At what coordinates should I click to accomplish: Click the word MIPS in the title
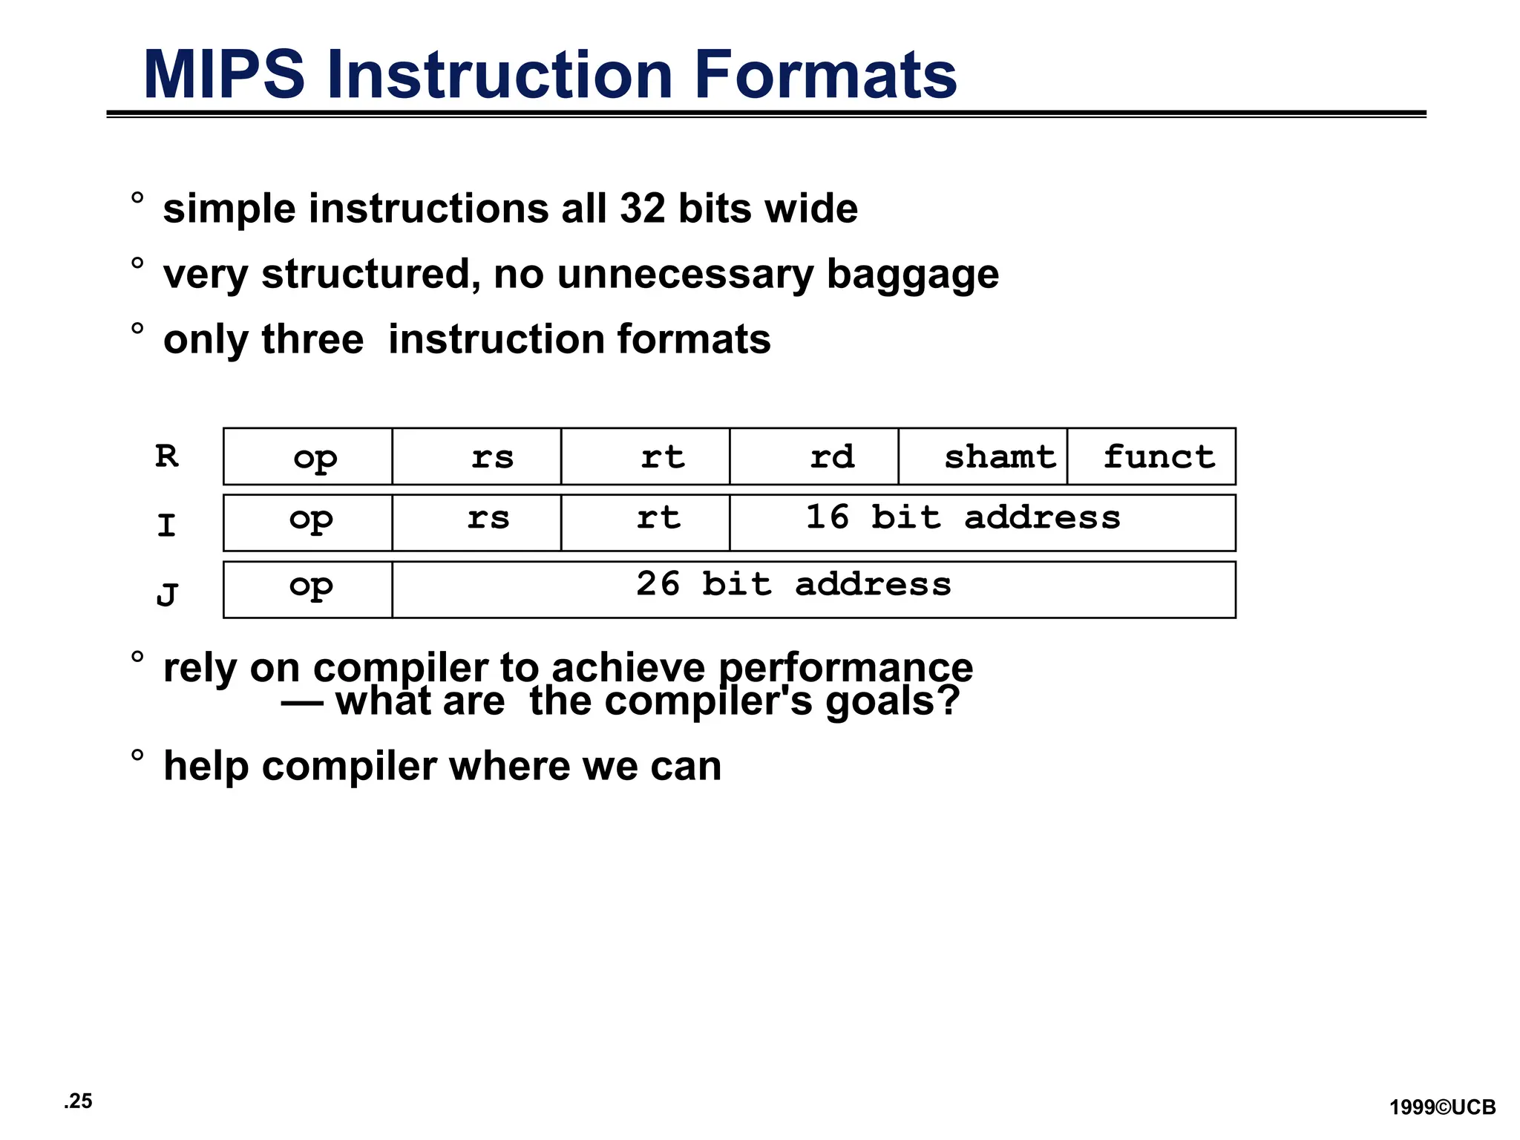tap(223, 75)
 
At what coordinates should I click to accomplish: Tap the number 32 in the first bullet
tap(643, 209)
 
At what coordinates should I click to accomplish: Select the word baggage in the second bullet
tap(912, 275)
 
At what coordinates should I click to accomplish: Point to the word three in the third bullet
tap(312, 340)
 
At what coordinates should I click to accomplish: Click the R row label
tap(167, 456)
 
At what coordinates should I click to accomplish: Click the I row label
tap(167, 525)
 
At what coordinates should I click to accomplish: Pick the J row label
tap(167, 594)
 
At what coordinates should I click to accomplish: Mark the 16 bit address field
tap(983, 522)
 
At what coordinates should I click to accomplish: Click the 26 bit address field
tap(813, 589)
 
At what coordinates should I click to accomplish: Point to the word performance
tap(845, 667)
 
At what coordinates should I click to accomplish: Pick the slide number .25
tap(78, 1101)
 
